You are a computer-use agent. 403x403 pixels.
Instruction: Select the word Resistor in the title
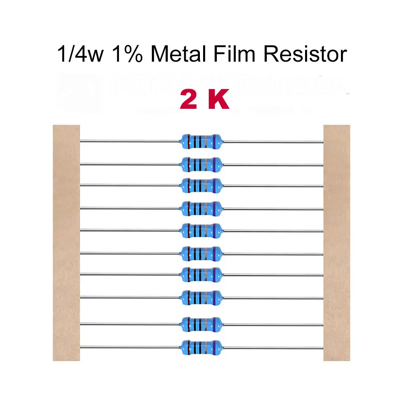click(x=305, y=54)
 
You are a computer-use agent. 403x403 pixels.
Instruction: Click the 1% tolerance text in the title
click(x=128, y=54)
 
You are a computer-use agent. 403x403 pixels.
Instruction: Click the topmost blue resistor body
click(x=200, y=141)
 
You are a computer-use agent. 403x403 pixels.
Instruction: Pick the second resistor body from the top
click(x=200, y=164)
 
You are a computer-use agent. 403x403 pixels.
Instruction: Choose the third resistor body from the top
click(x=200, y=185)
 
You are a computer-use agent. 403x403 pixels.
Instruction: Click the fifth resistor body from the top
click(x=200, y=230)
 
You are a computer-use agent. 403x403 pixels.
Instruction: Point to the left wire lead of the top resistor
click(x=129, y=141)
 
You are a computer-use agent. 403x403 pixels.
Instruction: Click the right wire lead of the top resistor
click(x=272, y=142)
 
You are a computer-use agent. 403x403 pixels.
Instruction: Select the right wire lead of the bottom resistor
click(x=272, y=347)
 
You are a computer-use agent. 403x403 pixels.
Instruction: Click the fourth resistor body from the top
click(x=200, y=208)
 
